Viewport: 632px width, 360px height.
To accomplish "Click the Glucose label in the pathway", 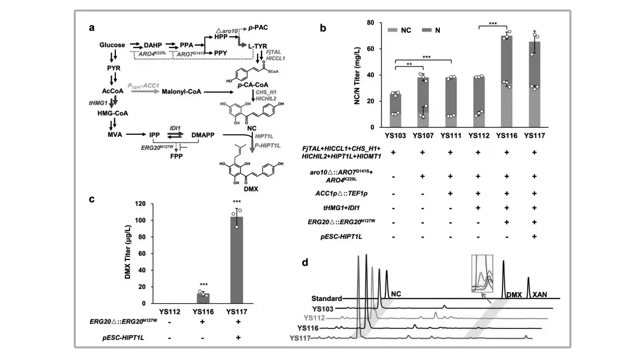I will (112, 45).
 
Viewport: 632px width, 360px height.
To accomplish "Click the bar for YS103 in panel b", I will (396, 110).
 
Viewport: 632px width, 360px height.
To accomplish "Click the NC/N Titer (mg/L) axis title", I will (359, 74).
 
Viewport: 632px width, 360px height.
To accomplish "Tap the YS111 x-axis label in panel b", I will (451, 136).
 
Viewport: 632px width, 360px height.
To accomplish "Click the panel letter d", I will (305, 262).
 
